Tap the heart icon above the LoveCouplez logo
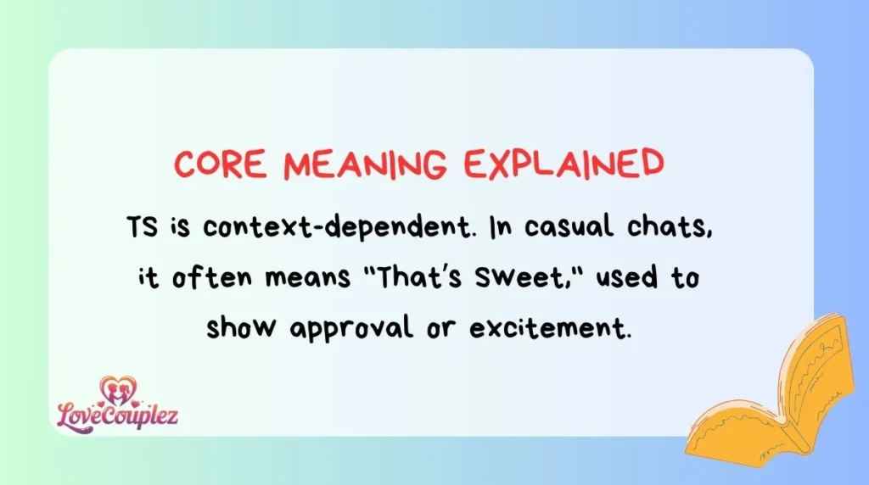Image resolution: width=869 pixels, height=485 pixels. [115, 390]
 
